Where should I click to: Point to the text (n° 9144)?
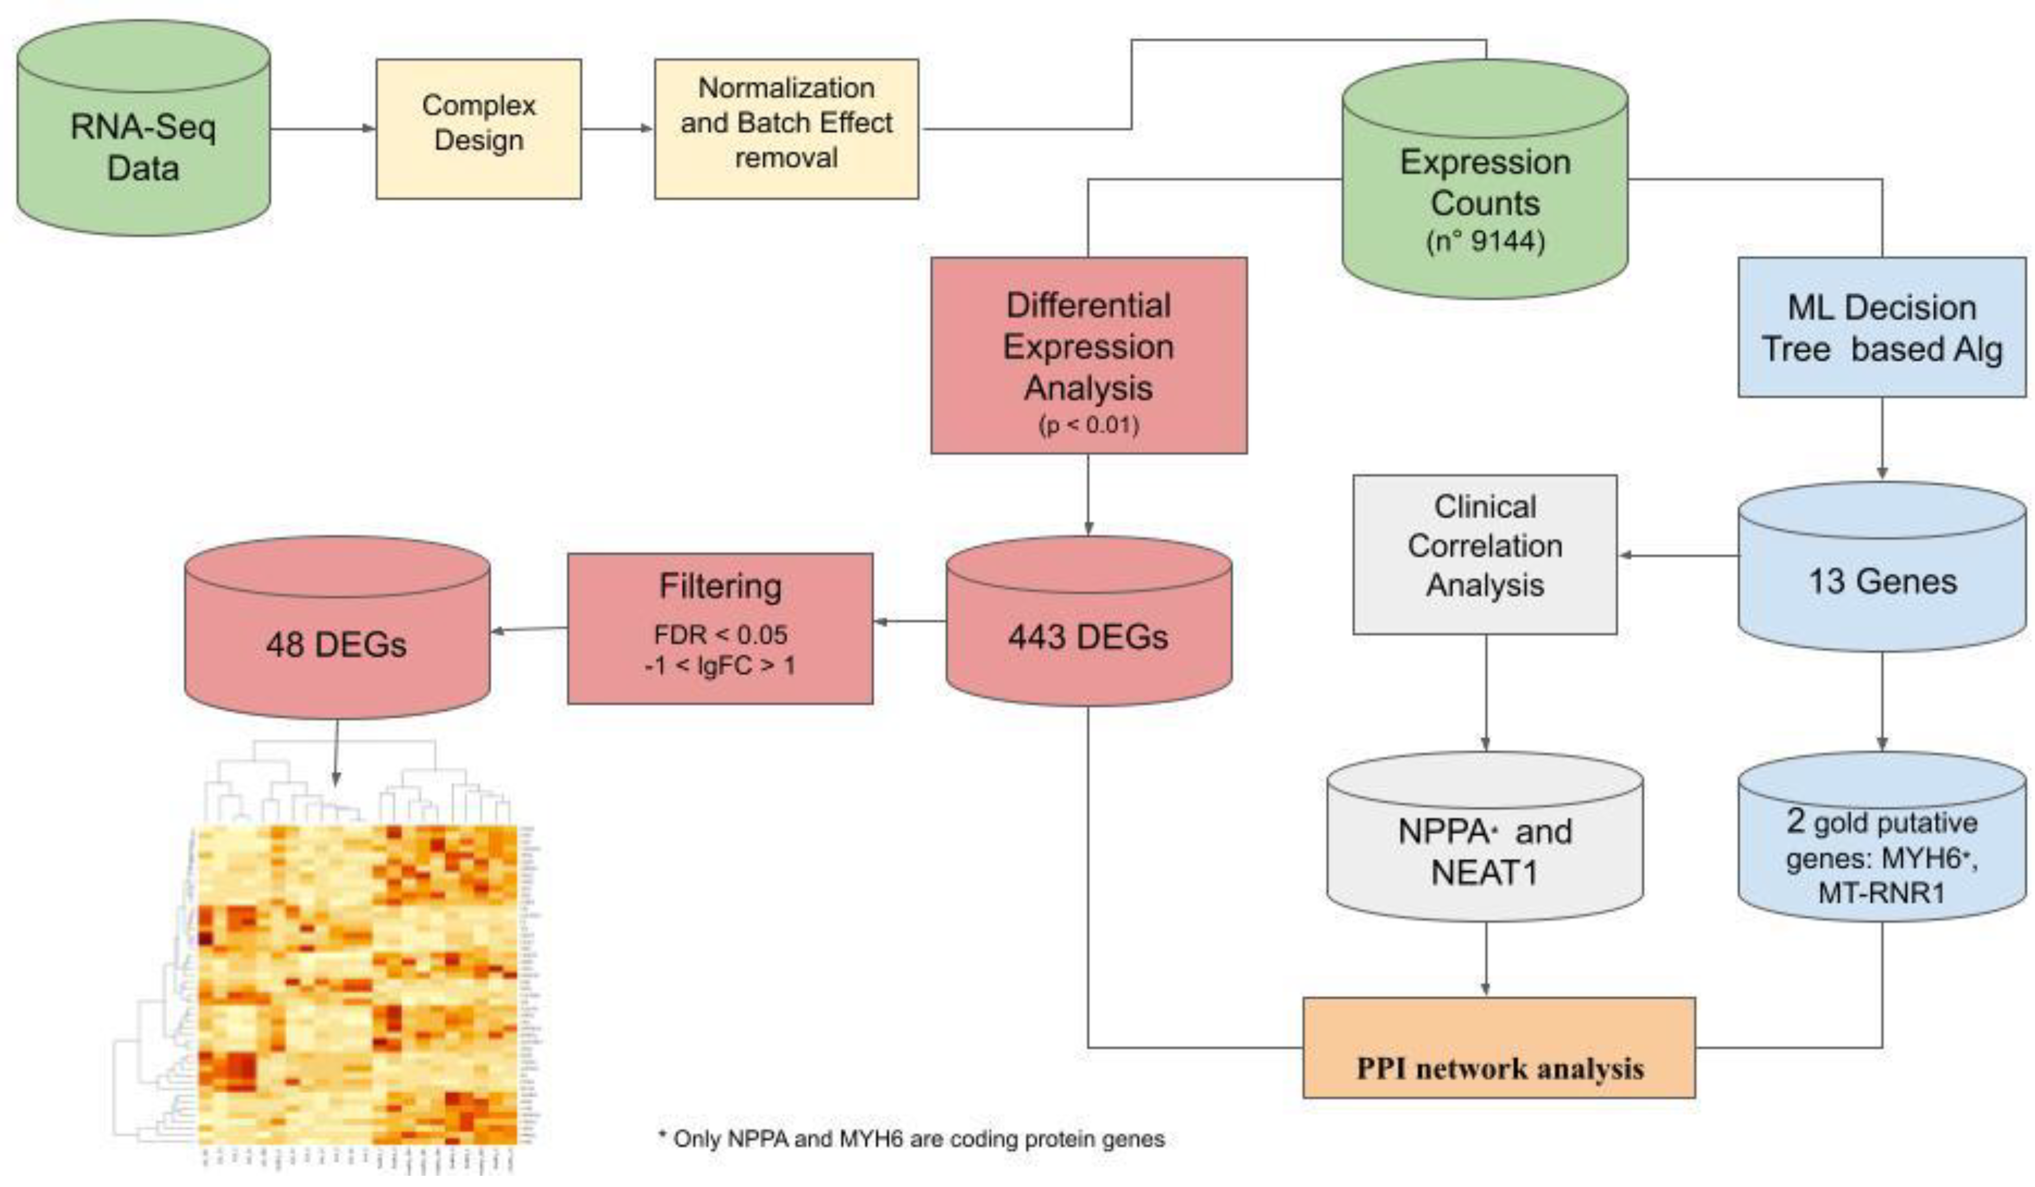pyautogui.click(x=1485, y=241)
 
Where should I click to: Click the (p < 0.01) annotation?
pyautogui.click(x=1088, y=424)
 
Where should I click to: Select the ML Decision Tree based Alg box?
pyautogui.click(x=1881, y=327)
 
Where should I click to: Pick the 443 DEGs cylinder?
pyautogui.click(x=1088, y=634)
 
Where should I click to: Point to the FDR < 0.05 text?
pyautogui.click(x=720, y=634)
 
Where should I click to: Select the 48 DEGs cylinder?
pyautogui.click(x=336, y=642)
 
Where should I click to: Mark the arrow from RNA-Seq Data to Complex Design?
pyautogui.click(x=323, y=128)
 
